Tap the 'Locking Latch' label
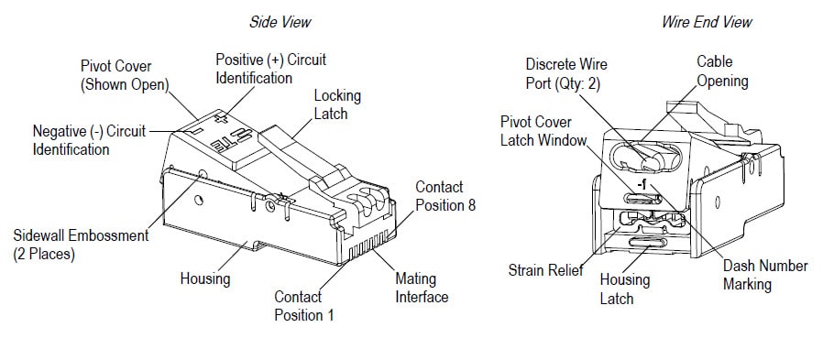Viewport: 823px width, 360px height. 337,104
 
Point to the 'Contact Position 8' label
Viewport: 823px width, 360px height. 445,196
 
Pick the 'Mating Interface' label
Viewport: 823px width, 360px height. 421,288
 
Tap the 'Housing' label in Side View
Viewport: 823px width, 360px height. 204,278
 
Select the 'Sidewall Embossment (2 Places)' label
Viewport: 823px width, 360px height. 81,245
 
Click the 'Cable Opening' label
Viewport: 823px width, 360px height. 722,71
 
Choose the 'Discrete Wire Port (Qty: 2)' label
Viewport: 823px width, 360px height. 566,73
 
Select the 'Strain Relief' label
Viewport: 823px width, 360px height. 545,271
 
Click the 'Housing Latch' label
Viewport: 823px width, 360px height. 624,289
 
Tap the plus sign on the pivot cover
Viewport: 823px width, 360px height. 218,119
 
